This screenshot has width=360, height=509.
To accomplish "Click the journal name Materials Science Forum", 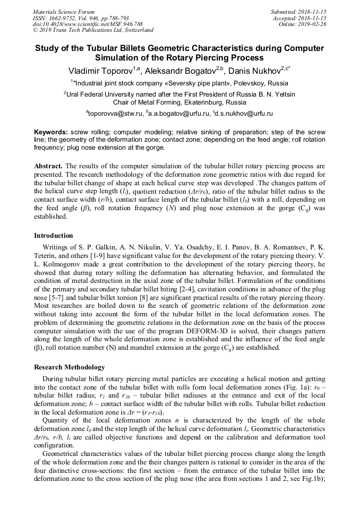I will coord(64,12).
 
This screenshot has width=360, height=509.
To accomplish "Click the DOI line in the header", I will coord(88,24).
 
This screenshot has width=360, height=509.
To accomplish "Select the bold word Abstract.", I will coord(48,166).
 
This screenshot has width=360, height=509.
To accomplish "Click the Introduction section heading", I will coord(54,236).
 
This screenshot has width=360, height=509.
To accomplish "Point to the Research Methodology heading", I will coord(70,367).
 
